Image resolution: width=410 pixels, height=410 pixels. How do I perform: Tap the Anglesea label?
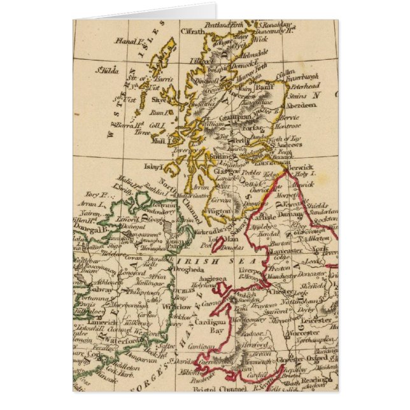click(214, 278)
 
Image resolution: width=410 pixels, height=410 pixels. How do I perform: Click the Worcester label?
click(302, 334)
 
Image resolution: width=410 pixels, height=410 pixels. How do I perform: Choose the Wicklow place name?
click(180, 306)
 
